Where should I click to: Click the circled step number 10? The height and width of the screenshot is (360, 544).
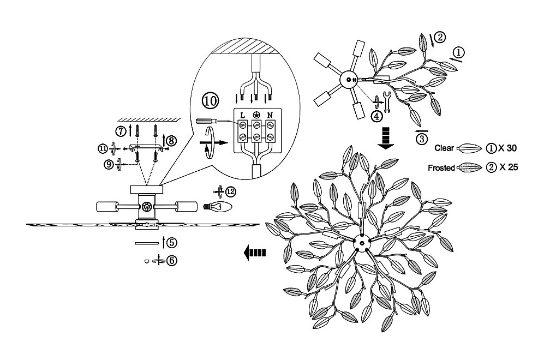210,100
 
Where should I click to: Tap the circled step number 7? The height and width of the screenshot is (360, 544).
121,131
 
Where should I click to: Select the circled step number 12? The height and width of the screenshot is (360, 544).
231,191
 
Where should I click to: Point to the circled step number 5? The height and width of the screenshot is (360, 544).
171,243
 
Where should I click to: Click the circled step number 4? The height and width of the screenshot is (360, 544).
377,116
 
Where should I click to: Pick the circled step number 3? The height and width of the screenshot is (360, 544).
422,139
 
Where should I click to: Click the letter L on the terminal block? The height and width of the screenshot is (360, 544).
242,115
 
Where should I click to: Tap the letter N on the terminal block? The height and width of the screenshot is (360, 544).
270,115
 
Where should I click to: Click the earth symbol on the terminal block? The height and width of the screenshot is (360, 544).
256,115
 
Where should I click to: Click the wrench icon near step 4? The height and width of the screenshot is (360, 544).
387,101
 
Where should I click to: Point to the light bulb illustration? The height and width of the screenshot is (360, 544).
217,207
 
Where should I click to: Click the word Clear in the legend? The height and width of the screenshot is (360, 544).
444,148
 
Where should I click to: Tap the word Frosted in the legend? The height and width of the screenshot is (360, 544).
441,168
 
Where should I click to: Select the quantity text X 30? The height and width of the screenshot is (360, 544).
507,148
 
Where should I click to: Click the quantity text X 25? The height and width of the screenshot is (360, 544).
509,167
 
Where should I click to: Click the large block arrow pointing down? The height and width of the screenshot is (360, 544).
386,138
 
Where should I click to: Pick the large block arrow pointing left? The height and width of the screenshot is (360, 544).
255,253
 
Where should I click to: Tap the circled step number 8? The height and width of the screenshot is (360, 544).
171,141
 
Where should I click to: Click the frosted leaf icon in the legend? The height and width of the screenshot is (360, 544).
470,168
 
